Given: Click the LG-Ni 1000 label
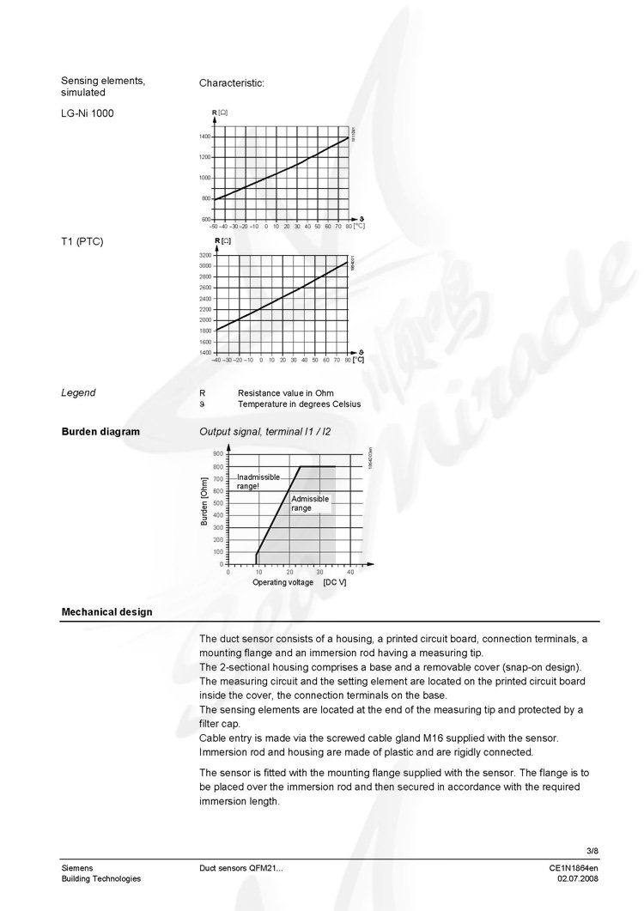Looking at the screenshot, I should [88, 113].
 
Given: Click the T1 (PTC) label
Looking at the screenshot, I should [82, 241].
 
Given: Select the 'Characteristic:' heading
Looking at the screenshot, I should [232, 83].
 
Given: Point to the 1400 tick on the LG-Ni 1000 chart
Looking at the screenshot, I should [204, 137].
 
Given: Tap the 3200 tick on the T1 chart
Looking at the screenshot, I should [204, 256].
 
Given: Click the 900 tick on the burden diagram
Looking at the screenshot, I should [218, 452].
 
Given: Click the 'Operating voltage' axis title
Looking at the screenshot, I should [283, 582].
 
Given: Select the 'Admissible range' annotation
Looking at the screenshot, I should [309, 503].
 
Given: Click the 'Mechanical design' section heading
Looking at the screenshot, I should [106, 612].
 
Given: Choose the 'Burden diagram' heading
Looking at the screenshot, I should [100, 431].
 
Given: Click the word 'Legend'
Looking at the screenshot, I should [78, 392].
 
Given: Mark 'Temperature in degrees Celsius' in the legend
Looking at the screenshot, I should [299, 404].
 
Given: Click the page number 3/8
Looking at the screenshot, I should [591, 851].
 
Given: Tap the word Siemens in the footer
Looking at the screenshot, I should [77, 868].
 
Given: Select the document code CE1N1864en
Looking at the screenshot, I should [574, 868].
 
